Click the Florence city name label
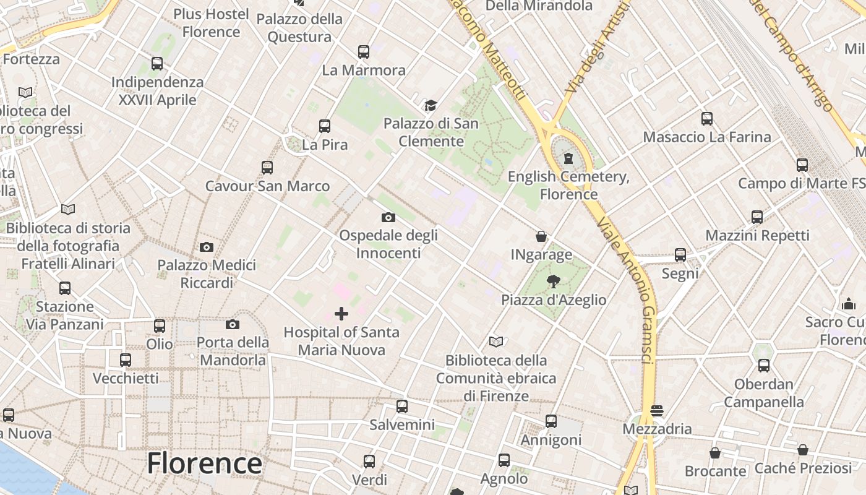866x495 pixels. pyautogui.click(x=204, y=463)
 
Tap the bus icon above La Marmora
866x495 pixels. pyautogui.click(x=364, y=52)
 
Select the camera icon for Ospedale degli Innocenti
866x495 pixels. pyautogui.click(x=388, y=217)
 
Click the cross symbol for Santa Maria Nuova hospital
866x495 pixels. pyautogui.click(x=341, y=314)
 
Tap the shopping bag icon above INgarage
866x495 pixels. pyautogui.click(x=541, y=236)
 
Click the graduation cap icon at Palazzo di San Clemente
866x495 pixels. pyautogui.click(x=431, y=105)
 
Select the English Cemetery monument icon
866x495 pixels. pyautogui.click(x=568, y=158)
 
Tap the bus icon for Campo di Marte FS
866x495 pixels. pyautogui.click(x=802, y=165)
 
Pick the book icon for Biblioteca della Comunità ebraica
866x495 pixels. pyautogui.click(x=496, y=342)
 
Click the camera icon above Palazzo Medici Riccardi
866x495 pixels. pyautogui.click(x=207, y=247)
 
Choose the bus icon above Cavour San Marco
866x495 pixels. pyautogui.click(x=267, y=168)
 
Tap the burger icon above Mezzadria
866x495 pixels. pyautogui.click(x=657, y=411)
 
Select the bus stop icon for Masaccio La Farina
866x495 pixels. pyautogui.click(x=707, y=119)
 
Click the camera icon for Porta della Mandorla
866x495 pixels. pyautogui.click(x=233, y=324)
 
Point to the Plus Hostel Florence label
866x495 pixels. pyautogui.click(x=211, y=23)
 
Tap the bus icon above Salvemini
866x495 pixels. pyautogui.click(x=402, y=407)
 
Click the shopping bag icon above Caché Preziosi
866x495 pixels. pyautogui.click(x=803, y=450)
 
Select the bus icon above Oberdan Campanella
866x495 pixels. pyautogui.click(x=764, y=366)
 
